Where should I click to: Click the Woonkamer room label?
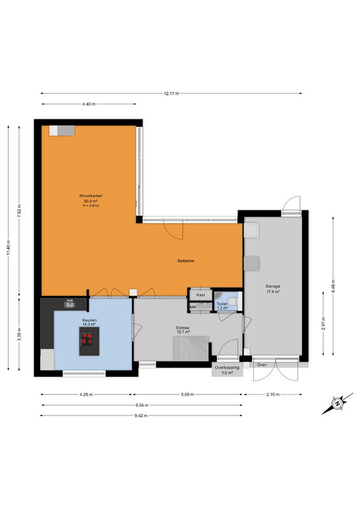point(90,196)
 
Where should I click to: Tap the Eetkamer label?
point(186,261)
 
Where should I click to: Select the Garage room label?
point(273,286)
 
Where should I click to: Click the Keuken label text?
point(89,320)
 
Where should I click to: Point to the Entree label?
point(183,328)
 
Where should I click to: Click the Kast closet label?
point(200,295)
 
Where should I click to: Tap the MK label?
point(193,307)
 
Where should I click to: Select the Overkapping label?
point(227,368)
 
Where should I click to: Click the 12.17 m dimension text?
point(171,94)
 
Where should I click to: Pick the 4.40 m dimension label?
point(89,104)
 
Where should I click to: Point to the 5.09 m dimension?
point(187,394)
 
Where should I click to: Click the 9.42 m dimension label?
point(141,415)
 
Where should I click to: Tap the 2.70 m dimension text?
point(273,394)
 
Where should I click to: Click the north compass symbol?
point(337,403)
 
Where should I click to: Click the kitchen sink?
point(69,304)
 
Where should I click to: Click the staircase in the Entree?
point(191,348)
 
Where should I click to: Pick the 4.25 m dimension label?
point(86,394)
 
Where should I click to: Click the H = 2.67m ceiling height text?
point(90,206)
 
